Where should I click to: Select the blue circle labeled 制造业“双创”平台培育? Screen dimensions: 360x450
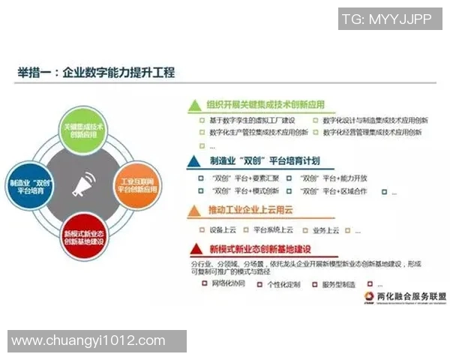point(32,183)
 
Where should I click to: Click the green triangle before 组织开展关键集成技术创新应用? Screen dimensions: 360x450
point(193,106)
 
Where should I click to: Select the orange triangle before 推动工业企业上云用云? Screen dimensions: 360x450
point(193,211)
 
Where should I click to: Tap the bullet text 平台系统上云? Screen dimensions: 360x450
point(273,229)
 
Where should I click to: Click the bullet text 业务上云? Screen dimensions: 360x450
point(325,229)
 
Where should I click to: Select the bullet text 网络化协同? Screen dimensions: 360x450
point(230,284)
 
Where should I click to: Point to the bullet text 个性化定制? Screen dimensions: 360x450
point(283,284)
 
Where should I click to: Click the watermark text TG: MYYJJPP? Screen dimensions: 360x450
point(385,19)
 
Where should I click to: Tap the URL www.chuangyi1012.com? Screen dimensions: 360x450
point(88,340)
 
